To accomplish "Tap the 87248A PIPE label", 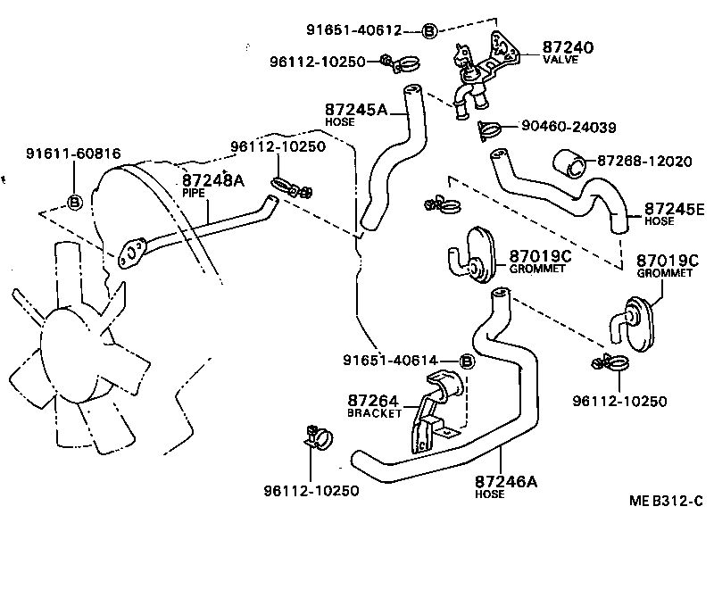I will point(212,184).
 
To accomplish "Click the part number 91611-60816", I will point(72,154).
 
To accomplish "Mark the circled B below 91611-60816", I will point(74,202).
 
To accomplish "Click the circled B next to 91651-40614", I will point(465,361).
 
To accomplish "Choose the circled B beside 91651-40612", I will point(428,31).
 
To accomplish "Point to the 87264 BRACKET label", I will point(373,406).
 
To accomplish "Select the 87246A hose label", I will point(505,486).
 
